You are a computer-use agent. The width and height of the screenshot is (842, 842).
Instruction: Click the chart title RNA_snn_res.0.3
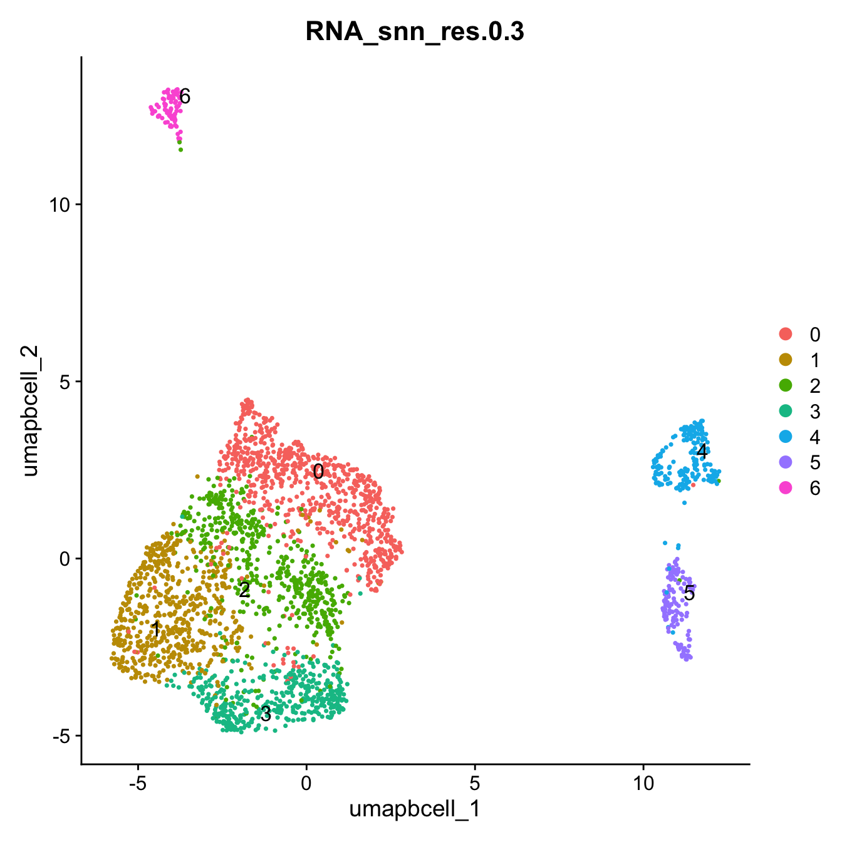414,31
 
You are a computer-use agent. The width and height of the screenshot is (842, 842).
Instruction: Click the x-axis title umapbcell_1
414,809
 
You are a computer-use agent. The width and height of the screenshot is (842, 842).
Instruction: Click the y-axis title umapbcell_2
31,410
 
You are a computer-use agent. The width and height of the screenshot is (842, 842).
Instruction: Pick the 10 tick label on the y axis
61,204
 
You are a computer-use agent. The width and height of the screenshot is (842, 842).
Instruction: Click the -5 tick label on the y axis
61,736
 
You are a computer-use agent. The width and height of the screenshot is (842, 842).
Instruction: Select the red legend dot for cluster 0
784,334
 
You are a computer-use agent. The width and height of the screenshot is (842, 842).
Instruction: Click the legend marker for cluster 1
784,360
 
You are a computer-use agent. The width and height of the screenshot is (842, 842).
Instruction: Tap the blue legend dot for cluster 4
784,437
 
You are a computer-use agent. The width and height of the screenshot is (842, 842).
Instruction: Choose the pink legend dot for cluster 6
784,488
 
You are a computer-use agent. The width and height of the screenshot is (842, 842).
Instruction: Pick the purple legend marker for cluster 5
784,462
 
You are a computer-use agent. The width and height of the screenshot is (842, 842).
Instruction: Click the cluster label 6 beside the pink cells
184,96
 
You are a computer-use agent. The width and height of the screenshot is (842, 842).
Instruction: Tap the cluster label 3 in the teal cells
266,714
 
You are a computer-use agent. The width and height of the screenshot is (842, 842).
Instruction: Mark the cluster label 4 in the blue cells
702,451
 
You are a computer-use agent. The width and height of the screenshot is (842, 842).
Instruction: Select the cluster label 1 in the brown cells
155,629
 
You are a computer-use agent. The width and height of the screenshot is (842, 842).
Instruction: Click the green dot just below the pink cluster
180,149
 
